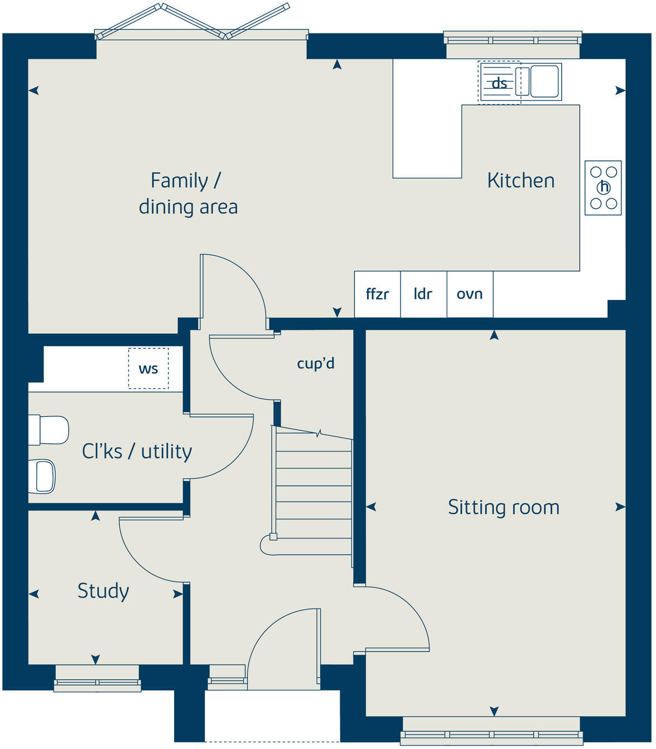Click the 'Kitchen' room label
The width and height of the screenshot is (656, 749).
coord(520,181)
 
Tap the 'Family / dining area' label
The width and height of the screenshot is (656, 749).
coord(188,193)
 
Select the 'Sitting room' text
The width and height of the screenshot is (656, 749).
coord(503,507)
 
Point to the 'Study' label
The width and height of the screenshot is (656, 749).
coord(103,591)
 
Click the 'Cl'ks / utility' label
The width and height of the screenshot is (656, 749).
coord(137,451)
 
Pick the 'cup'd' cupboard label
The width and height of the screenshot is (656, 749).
coord(316,363)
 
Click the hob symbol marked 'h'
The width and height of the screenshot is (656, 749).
coord(603,188)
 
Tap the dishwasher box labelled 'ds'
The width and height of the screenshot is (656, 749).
coord(499,82)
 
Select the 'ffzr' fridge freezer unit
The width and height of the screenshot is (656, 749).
coord(378,294)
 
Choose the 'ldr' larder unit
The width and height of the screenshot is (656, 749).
coord(423,294)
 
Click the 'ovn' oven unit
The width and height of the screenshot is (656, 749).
coord(470,294)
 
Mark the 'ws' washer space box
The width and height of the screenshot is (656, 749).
coord(148,368)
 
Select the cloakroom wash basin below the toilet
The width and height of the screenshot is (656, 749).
coord(44,476)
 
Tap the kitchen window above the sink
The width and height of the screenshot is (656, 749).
coord(513,40)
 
